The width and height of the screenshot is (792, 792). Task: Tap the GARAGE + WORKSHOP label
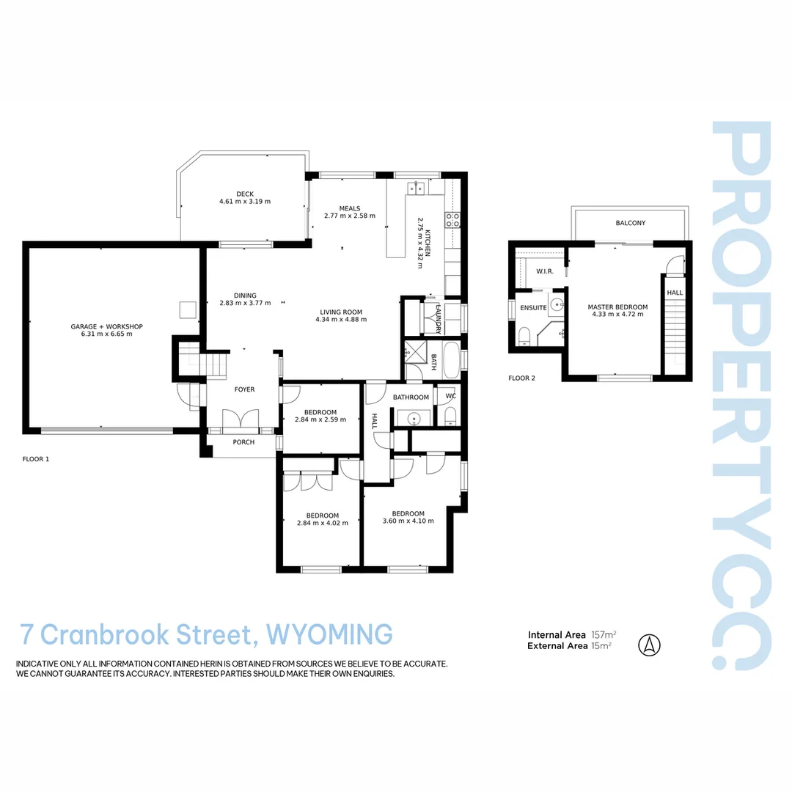click(106, 326)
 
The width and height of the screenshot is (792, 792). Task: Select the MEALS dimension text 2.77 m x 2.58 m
click(350, 216)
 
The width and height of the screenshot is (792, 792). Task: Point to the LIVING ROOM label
click(340, 311)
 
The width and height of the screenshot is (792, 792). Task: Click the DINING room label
click(245, 296)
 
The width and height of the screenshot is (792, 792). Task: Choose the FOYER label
click(244, 389)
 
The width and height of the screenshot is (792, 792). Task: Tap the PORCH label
click(243, 442)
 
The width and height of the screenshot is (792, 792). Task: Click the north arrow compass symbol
click(650, 645)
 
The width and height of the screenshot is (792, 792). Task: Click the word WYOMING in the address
click(329, 633)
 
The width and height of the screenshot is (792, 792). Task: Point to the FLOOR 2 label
click(521, 378)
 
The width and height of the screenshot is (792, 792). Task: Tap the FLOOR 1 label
click(36, 459)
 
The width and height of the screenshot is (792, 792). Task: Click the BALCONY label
click(631, 223)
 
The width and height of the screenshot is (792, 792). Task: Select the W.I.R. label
click(544, 271)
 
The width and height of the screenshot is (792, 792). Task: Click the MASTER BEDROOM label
click(617, 307)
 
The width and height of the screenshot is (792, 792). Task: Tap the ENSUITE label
click(533, 308)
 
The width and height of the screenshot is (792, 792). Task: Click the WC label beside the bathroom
click(450, 397)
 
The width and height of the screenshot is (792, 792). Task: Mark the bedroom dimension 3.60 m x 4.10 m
click(408, 521)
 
